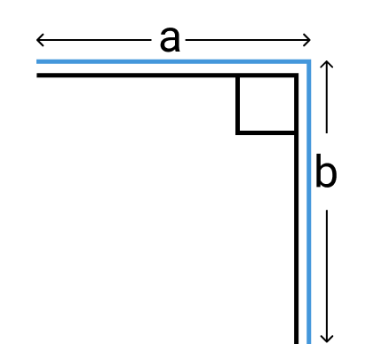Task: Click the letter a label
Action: point(170,39)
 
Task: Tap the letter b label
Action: point(326,171)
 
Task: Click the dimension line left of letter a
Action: point(94,40)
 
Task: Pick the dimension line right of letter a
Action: point(248,40)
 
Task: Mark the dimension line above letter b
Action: point(327,97)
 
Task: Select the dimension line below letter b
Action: point(327,276)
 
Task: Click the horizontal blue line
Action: point(173,61)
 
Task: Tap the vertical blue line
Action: point(308,202)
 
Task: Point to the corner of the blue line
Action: point(308,61)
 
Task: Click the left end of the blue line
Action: point(36,61)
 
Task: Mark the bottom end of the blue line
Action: point(308,343)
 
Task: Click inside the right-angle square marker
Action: point(267,104)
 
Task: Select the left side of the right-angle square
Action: point(237,104)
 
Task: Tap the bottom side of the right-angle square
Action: point(265,132)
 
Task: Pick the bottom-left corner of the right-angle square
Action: point(237,132)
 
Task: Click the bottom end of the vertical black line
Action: point(296,343)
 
